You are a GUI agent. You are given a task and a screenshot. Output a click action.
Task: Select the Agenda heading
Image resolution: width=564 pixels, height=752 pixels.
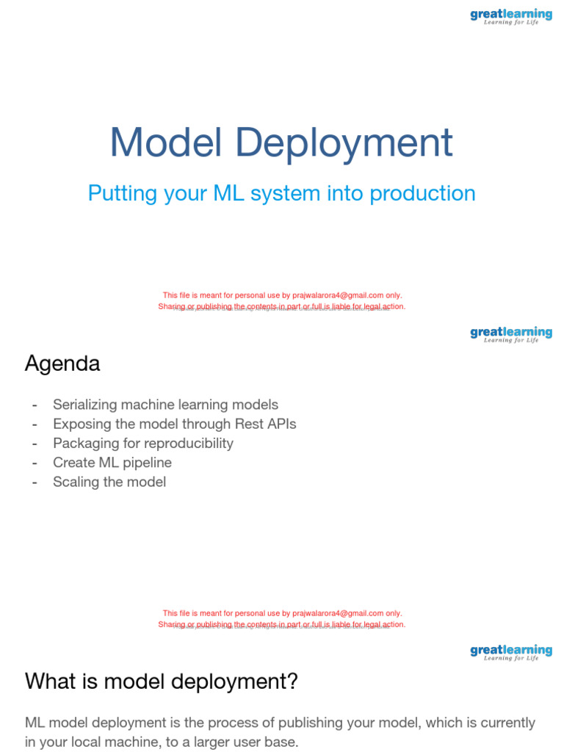click(x=62, y=364)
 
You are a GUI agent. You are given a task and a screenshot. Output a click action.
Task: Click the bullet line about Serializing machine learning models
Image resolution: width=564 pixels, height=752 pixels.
click(x=165, y=405)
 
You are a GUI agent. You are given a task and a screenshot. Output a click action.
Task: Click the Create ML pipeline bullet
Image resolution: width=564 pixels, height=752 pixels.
click(x=112, y=463)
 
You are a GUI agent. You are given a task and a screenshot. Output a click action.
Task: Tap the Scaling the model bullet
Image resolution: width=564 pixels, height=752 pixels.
click(x=109, y=482)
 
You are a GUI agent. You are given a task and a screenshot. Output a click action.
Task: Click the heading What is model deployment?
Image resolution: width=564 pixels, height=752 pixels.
click(x=162, y=681)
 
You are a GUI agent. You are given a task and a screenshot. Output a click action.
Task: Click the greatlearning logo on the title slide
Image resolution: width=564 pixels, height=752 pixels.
click(x=511, y=15)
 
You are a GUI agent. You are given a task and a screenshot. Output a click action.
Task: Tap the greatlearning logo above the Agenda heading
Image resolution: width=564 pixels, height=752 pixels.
click(x=511, y=333)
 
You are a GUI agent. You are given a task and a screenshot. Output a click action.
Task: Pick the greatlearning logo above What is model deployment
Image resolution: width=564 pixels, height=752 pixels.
click(x=511, y=651)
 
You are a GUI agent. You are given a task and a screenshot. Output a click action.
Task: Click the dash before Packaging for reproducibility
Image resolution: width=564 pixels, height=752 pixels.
click(x=34, y=443)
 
